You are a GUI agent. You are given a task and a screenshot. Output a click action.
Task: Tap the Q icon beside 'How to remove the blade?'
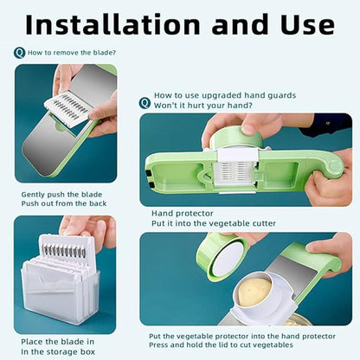click(x=19, y=53)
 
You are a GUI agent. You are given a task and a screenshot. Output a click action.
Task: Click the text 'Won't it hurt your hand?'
click(x=203, y=106)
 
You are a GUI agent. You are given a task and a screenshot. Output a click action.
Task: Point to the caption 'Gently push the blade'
click(x=57, y=194)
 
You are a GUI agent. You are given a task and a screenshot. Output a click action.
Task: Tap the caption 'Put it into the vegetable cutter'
click(x=214, y=223)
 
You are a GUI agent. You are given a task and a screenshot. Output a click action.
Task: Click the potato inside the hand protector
click(x=255, y=291)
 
